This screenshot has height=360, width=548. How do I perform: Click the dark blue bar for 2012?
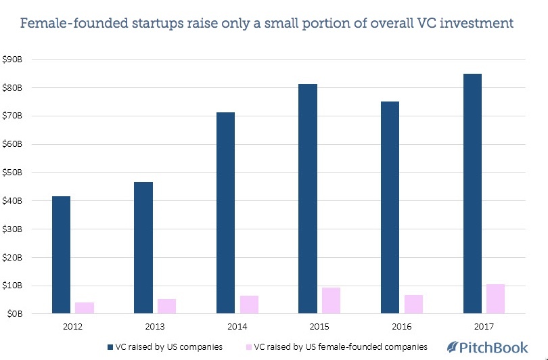coord(61,255)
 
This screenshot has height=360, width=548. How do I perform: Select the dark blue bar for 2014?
coord(225,213)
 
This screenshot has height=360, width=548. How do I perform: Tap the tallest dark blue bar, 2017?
coord(472,194)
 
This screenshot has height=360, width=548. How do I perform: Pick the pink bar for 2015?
coord(331,300)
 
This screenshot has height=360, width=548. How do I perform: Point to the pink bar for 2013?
coord(166,306)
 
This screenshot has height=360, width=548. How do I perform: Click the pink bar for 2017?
coord(495,298)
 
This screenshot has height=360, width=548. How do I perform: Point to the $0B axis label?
coord(14,314)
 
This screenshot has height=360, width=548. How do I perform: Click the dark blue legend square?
coord(111,347)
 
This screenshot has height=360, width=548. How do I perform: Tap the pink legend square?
coord(248,347)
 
